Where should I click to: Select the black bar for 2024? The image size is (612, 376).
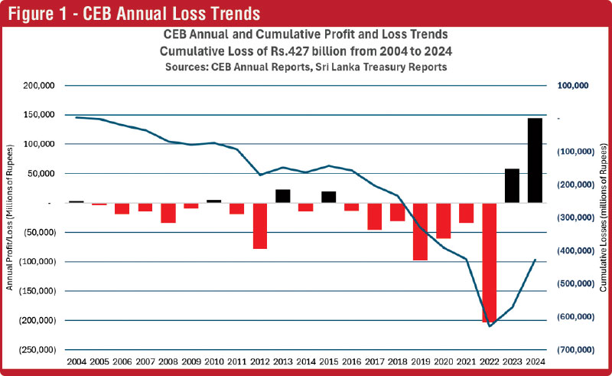point(535,161)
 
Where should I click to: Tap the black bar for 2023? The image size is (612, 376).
point(512,186)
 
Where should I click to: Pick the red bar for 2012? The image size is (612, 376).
point(260,226)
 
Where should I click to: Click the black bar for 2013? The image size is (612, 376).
point(283,196)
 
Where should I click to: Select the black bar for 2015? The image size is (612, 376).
point(329,197)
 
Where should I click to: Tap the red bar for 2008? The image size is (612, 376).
point(168,213)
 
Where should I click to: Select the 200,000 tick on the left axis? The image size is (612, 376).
point(35,86)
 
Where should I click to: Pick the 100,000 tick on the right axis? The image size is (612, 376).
point(571,86)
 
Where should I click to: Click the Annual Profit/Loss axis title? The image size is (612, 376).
point(10,217)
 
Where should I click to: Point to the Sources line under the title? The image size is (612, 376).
point(305,67)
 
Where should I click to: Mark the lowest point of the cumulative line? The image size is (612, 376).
point(490,326)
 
